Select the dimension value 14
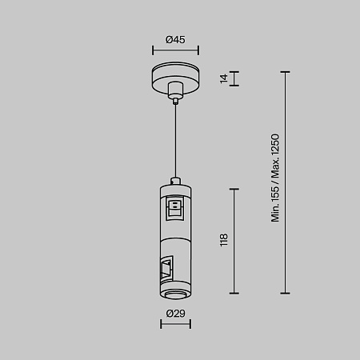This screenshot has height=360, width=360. point(224,78)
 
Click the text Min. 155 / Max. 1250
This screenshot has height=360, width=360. point(275,178)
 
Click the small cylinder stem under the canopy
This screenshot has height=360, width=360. point(174,100)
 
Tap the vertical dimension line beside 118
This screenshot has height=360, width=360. point(235,240)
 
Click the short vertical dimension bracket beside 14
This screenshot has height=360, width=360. point(235,78)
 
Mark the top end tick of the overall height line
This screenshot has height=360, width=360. point(286,72)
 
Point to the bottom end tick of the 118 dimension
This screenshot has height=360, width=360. point(235,293)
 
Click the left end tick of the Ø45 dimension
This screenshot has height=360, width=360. point(154,52)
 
